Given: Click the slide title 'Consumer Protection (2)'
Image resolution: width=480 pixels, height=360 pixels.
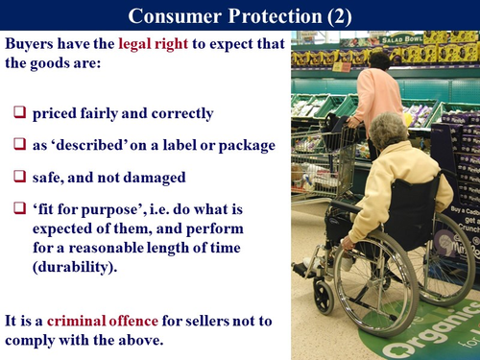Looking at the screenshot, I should pos(239,15).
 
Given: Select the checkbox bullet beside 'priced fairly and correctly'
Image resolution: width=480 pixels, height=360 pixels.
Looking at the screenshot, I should pos(19,113).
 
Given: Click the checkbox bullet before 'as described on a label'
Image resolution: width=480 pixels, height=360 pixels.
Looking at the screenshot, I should pos(19,144).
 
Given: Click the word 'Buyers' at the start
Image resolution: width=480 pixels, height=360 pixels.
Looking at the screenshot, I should pos(32,45).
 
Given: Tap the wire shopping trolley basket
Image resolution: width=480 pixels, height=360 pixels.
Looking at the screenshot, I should pos(321,158).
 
